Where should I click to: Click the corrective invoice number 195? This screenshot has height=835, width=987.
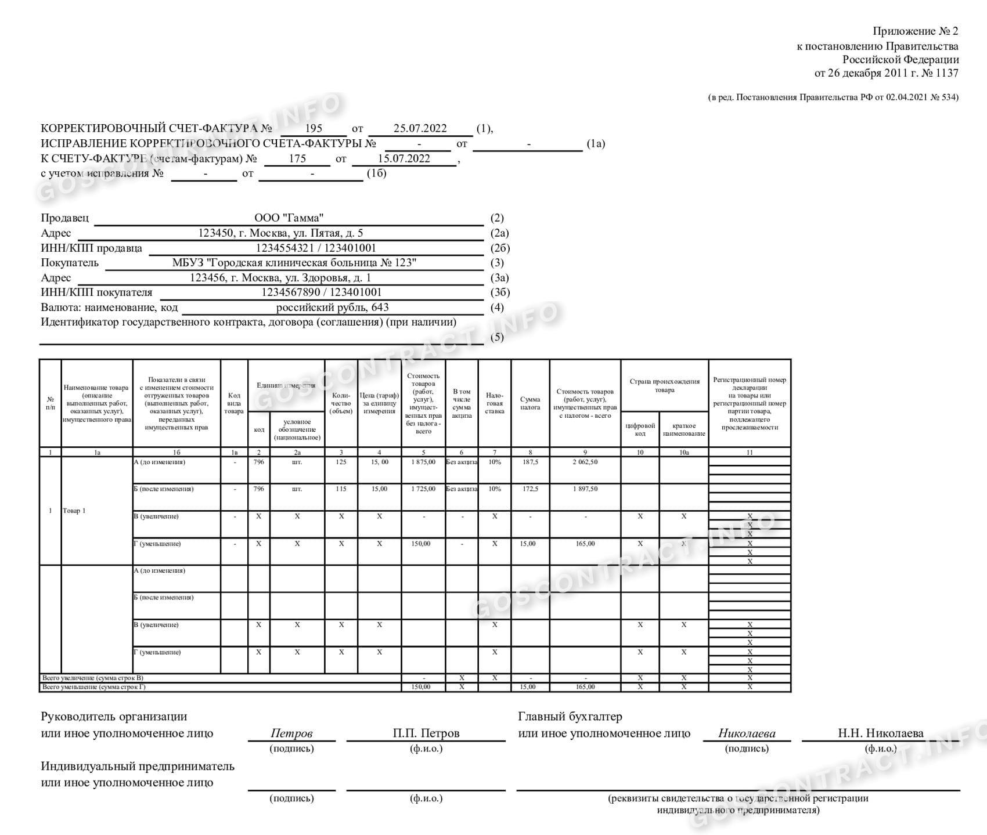[313, 129]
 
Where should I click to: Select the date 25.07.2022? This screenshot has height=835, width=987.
[420, 129]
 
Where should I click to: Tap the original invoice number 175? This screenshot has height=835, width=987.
[297, 158]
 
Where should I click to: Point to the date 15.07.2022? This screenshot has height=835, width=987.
[404, 158]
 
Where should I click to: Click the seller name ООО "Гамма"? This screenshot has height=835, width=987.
[289, 218]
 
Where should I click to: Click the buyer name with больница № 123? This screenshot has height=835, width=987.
[294, 263]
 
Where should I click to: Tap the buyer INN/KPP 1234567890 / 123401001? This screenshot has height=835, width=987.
[322, 292]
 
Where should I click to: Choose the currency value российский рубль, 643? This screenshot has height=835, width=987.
[332, 308]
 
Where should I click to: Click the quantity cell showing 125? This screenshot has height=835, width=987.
[341, 462]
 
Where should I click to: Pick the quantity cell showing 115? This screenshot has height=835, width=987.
[341, 489]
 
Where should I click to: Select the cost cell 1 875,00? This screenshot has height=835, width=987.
[423, 462]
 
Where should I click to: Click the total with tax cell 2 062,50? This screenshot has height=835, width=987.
[585, 462]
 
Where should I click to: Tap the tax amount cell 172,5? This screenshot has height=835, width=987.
[530, 489]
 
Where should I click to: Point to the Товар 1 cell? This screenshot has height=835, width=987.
[74, 511]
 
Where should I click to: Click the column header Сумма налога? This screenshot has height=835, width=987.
[530, 403]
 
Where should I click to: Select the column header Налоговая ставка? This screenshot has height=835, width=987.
[494, 403]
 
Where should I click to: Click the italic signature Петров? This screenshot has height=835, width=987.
[291, 733]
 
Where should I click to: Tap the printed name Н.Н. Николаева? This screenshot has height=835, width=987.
[880, 733]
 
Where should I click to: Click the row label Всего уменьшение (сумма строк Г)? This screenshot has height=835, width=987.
[94, 687]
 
